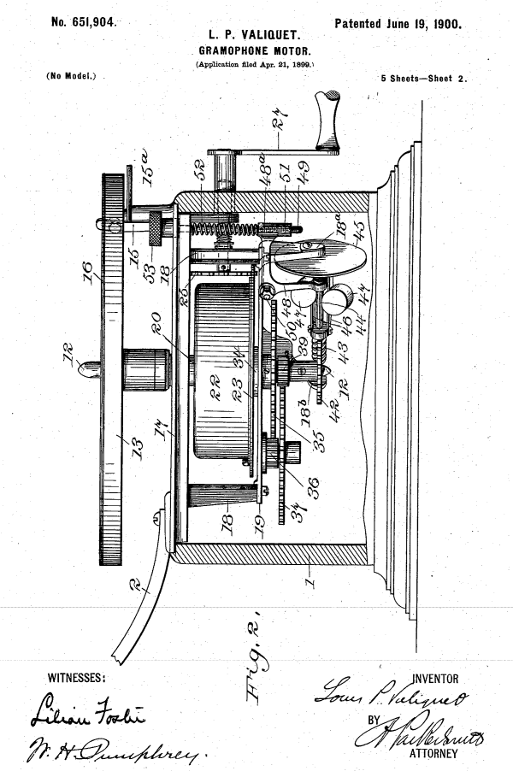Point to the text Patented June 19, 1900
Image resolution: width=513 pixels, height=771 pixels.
click(x=398, y=23)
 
